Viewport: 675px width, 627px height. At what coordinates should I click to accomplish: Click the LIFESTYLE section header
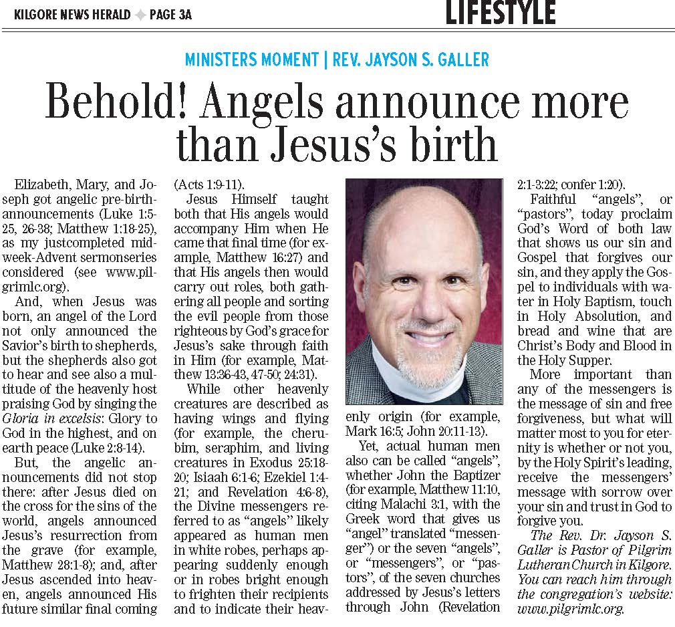[x=501, y=12]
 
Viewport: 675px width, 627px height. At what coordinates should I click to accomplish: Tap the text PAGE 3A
[x=170, y=14]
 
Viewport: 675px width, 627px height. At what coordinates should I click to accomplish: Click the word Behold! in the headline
[x=118, y=103]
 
